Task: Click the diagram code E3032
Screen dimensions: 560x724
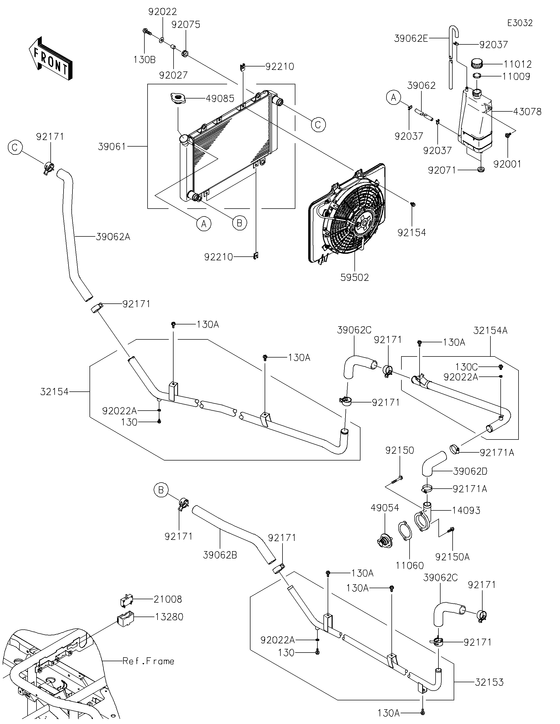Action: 520,23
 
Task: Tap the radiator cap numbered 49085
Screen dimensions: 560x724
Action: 178,99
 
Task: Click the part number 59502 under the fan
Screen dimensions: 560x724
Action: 354,277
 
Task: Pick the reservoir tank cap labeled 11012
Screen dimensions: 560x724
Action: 477,63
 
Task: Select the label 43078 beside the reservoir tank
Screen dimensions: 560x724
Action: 527,112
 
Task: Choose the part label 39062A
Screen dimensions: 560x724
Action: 113,237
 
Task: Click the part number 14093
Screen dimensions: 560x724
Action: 466,510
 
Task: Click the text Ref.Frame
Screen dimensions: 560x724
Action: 148,661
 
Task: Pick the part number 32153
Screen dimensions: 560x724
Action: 489,682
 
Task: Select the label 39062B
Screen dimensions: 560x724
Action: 220,555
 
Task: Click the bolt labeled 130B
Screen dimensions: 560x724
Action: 147,32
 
